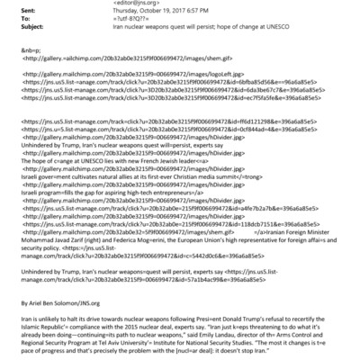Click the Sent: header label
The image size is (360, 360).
[16, 14]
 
